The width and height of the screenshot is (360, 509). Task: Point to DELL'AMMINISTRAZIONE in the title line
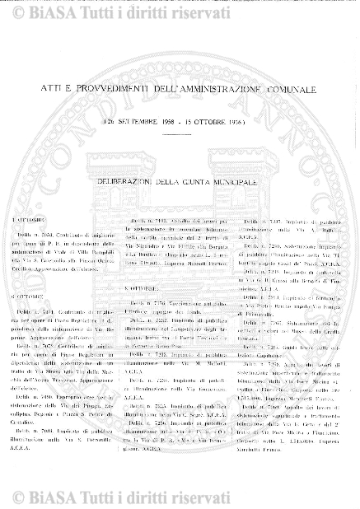(199, 110)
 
